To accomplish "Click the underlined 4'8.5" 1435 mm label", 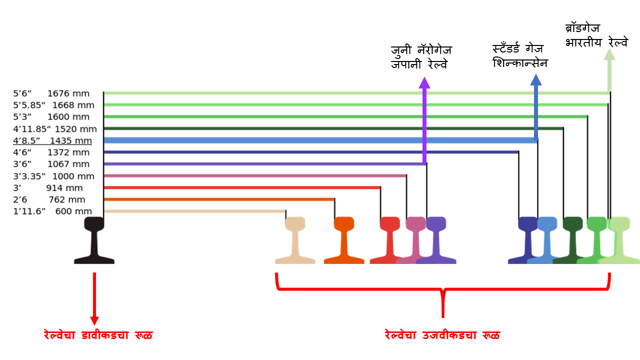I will (x=52, y=140).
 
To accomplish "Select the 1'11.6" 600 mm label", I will (x=52, y=211).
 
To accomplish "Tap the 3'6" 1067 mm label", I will (x=51, y=164).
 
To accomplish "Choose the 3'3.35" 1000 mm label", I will (x=53, y=176).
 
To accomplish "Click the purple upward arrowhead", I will (x=424, y=83).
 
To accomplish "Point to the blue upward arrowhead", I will (x=536, y=80).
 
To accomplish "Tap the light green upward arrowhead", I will (x=609, y=53).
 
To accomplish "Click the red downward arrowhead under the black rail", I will (x=94, y=320).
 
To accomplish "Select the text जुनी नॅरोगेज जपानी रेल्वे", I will (x=421, y=57).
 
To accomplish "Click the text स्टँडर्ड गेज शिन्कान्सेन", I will (x=520, y=56).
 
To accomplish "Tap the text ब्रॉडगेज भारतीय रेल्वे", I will (x=596, y=35).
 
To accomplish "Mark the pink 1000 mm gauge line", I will (x=255, y=175).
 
